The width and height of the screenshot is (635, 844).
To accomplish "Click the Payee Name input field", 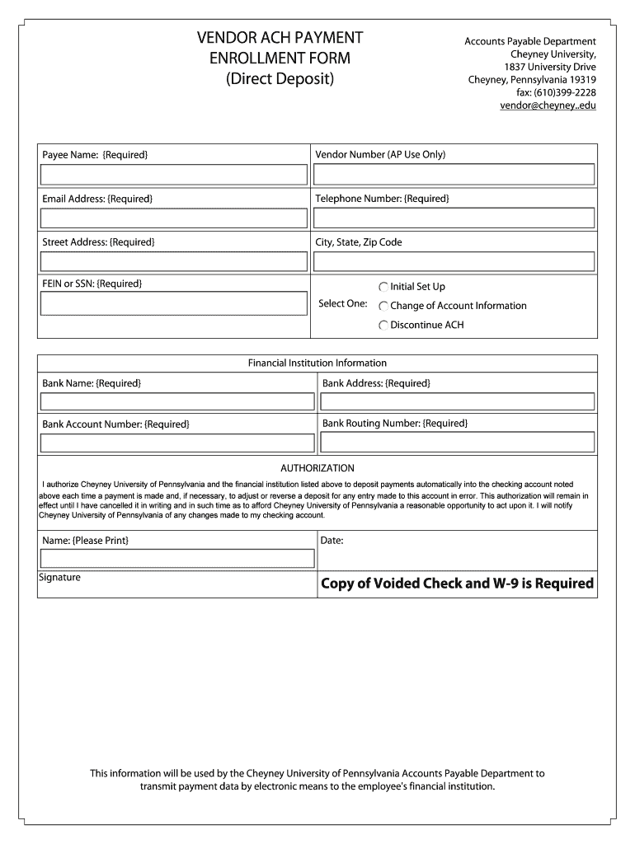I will coord(174,175).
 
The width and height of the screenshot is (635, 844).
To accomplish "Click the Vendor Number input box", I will coord(454,174).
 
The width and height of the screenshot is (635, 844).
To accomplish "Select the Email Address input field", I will coord(174,218).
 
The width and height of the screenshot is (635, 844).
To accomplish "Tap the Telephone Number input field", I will coord(454,218).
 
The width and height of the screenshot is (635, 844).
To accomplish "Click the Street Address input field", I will coord(174,261).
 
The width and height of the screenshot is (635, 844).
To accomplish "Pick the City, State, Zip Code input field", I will coord(454,261).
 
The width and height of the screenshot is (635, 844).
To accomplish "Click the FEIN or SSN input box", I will coord(174,303).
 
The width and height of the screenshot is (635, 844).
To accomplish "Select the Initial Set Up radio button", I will coord(383,287).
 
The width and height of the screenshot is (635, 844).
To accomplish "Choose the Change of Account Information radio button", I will coord(383,306).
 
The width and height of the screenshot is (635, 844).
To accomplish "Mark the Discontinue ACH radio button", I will coord(383,325).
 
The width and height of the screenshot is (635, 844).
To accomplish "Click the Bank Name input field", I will coord(177,401).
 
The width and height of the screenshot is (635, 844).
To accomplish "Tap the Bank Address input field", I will coord(457,401).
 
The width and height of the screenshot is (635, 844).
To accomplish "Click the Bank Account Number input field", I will coord(177,443).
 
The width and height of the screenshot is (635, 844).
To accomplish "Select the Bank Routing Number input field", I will coord(457,443).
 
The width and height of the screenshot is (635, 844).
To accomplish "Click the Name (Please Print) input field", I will coord(177,559).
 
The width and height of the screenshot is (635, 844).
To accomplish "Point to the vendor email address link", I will coord(548,105).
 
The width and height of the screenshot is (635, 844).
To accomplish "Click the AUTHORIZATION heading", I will coord(317,468).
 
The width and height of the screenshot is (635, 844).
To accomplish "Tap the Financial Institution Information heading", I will coord(317,363).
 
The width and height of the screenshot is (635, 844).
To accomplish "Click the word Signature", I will coord(60,578).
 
